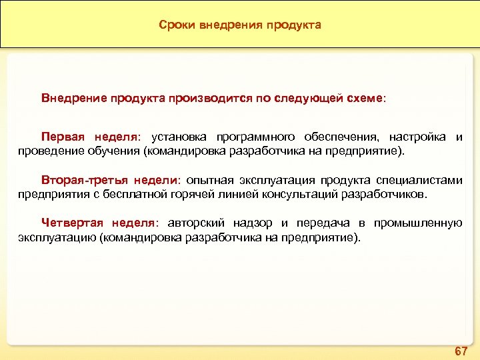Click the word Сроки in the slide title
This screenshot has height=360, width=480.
point(175,25)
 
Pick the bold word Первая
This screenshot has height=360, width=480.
point(63,137)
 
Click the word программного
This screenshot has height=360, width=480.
point(253,137)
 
